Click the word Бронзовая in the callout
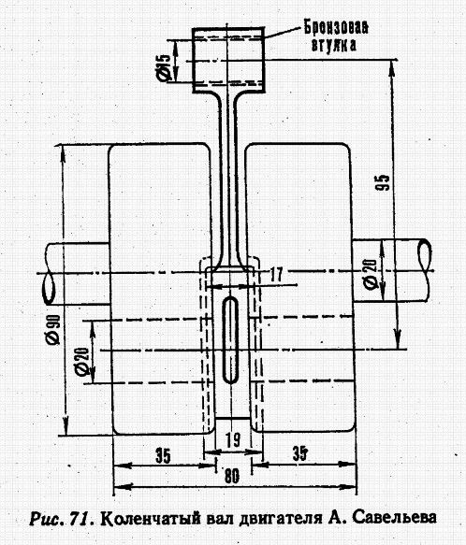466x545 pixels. coord(336,27)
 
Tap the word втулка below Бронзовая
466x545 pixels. coord(334,45)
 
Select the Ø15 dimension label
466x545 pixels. coord(163,67)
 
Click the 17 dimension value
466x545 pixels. coord(276,275)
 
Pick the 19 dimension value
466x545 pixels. coord(233,439)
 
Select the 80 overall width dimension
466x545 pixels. coord(232,476)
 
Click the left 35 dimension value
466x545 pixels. coord(163,456)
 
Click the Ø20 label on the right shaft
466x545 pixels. coord(371,274)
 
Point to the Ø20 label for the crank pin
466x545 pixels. coord(82,362)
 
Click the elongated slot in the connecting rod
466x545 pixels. coord(230,340)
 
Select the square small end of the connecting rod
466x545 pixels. coord(228,60)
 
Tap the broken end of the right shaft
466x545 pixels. coord(424,255)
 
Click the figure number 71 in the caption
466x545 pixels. coord(82,519)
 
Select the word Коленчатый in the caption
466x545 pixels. coord(151,519)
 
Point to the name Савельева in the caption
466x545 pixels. coord(394,517)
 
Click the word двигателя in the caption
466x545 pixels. coord(281,519)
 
